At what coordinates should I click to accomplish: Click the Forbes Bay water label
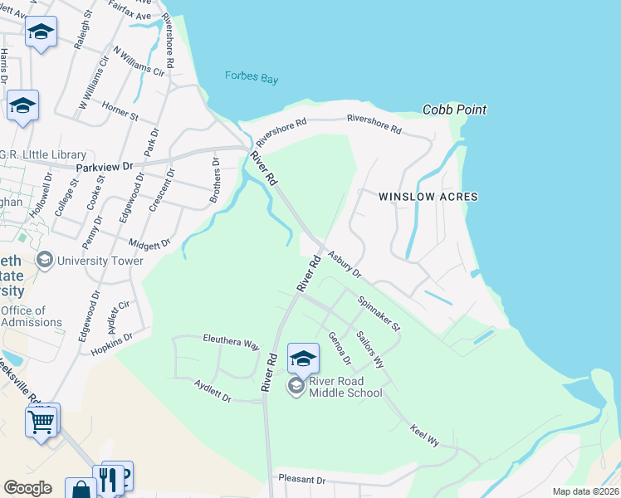(251, 78)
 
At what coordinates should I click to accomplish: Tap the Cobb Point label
(454, 110)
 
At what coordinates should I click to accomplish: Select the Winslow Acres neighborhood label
(428, 197)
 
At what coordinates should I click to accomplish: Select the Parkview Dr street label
(104, 167)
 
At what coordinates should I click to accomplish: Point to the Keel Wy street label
(424, 435)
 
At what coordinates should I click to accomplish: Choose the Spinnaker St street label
(379, 313)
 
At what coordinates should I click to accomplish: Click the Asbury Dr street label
(345, 265)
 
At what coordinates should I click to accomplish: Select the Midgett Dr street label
(149, 244)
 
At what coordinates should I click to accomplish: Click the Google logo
(27, 488)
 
